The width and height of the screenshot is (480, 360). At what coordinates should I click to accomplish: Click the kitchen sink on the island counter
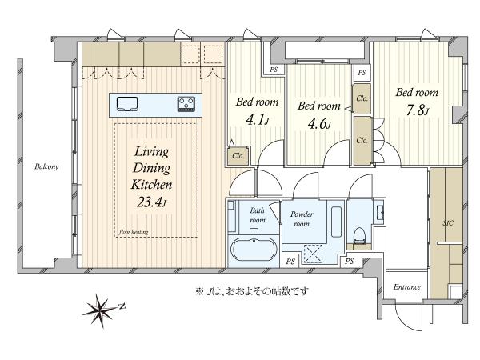tap(127, 104)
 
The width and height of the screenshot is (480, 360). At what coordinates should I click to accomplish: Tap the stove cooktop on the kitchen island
tap(186, 104)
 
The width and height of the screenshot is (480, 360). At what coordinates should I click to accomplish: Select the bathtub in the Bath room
tap(254, 249)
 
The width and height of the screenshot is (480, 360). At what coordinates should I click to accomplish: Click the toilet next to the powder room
tap(359, 236)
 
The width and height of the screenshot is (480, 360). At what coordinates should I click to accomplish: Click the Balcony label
tap(46, 167)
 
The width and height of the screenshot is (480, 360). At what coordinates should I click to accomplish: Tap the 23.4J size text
tap(151, 202)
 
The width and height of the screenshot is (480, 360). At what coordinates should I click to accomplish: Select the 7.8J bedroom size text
tap(417, 110)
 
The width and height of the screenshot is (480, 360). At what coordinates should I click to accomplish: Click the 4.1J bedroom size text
tap(258, 120)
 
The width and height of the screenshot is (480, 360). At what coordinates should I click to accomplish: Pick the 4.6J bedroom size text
tap(319, 124)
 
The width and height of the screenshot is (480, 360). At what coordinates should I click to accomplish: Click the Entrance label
tap(407, 287)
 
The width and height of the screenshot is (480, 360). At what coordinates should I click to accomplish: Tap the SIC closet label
tap(448, 223)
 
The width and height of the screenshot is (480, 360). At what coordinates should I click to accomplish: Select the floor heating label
tap(134, 232)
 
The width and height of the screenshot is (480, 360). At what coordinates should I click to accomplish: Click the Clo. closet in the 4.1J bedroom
tap(238, 155)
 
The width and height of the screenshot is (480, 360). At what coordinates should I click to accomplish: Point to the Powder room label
tap(302, 219)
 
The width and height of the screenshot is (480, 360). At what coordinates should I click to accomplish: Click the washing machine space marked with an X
tap(313, 254)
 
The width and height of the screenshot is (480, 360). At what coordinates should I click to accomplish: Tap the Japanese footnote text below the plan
tap(252, 291)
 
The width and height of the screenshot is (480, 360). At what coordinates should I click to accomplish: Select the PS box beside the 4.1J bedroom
tap(274, 70)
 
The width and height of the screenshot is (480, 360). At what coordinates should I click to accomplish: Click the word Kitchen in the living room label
tap(151, 185)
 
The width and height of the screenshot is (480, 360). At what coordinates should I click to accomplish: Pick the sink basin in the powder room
tap(337, 222)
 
